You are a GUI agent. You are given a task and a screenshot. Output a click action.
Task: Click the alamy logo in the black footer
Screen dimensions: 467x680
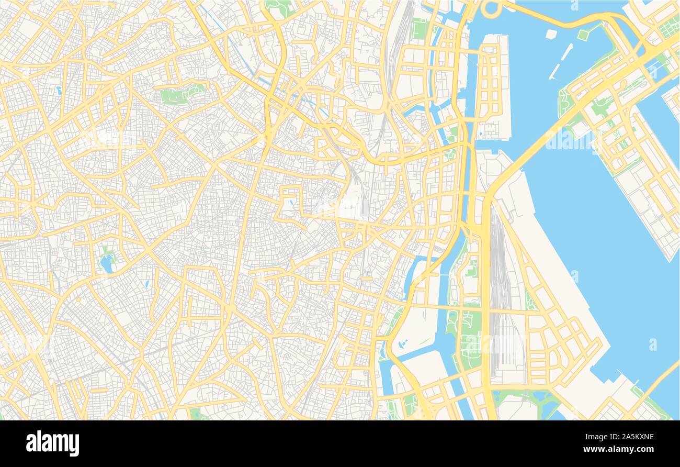click(x=53, y=443)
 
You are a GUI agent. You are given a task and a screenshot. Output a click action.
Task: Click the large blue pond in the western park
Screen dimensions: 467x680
click(x=107, y=264)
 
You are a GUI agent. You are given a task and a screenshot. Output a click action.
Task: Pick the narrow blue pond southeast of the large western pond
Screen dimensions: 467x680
click(x=148, y=284)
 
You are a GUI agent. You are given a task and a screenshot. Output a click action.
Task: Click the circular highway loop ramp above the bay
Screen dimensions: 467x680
click(x=492, y=8)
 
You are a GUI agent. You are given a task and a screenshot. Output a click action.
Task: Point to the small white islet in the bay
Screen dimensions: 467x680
click(x=550, y=34)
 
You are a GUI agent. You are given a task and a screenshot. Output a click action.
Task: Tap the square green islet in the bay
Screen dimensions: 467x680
click(x=583, y=35)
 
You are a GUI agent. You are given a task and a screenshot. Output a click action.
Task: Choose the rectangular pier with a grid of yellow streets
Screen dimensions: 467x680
click(x=492, y=86)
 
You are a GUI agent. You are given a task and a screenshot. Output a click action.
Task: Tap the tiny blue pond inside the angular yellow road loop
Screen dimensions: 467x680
click(x=291, y=202)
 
